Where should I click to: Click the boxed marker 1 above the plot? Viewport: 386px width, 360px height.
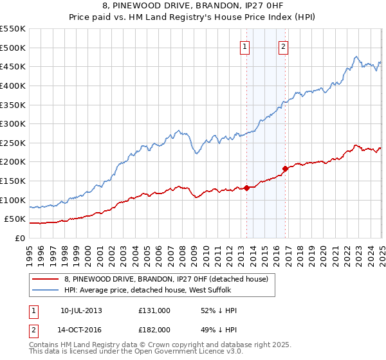tap(245, 46)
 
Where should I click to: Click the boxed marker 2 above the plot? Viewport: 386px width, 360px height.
tap(284, 46)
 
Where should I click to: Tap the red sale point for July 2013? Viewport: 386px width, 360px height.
tap(246, 188)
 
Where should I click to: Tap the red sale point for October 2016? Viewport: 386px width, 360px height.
tap(285, 168)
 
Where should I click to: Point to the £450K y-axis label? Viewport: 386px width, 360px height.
tap(13, 66)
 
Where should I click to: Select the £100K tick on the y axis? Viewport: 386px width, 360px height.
tap(13, 200)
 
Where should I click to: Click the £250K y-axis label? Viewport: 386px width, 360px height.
tap(13, 143)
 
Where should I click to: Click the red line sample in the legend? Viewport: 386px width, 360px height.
tap(46, 279)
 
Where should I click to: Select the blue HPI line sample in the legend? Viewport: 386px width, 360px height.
tap(46, 290)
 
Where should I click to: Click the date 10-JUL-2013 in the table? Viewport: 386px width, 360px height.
tap(81, 310)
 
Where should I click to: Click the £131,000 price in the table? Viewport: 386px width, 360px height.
tap(154, 310)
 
